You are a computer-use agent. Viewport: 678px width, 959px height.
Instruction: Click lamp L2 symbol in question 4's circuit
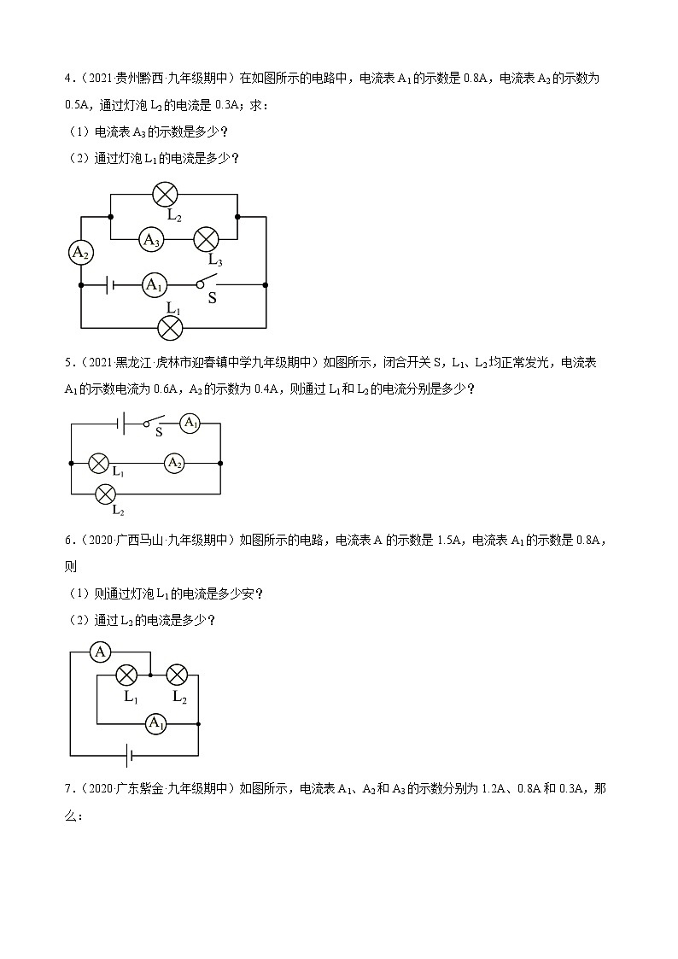pyautogui.click(x=164, y=195)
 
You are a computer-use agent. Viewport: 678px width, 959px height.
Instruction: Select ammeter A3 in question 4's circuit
pyautogui.click(x=152, y=240)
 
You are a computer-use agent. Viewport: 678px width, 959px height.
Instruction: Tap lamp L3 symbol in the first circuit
pyautogui.click(x=207, y=240)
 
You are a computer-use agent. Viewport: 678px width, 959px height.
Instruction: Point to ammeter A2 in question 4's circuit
pyautogui.click(x=80, y=252)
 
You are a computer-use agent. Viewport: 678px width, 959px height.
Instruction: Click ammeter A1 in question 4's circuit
pyautogui.click(x=154, y=284)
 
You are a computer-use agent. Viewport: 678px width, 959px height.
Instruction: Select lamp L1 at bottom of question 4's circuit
pyautogui.click(x=172, y=326)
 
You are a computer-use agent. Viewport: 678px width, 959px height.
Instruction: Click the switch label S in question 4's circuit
pyautogui.click(x=213, y=299)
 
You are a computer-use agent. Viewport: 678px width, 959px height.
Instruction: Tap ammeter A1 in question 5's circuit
pyautogui.click(x=190, y=423)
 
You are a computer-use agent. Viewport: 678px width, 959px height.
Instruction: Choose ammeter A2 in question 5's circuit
pyautogui.click(x=174, y=463)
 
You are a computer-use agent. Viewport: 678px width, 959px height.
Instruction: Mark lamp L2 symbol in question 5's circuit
pyautogui.click(x=105, y=494)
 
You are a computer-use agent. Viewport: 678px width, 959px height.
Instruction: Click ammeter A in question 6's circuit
pyautogui.click(x=101, y=652)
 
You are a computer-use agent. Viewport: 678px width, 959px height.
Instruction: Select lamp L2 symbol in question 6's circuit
pyautogui.click(x=177, y=675)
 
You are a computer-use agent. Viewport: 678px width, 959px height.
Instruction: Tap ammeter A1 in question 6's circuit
pyautogui.click(x=155, y=724)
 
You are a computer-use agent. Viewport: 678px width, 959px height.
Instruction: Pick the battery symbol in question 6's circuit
pyautogui.click(x=129, y=755)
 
